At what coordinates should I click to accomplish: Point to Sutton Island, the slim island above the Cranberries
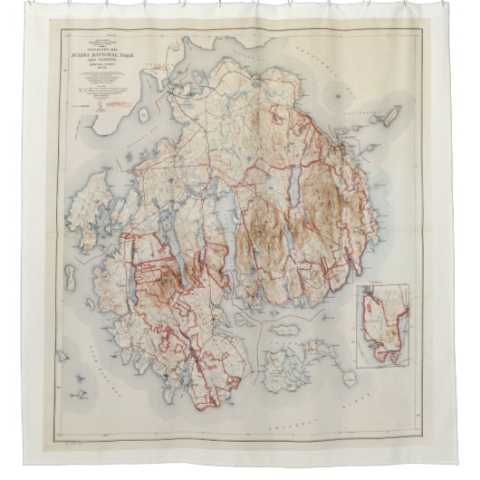[x=284, y=331]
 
